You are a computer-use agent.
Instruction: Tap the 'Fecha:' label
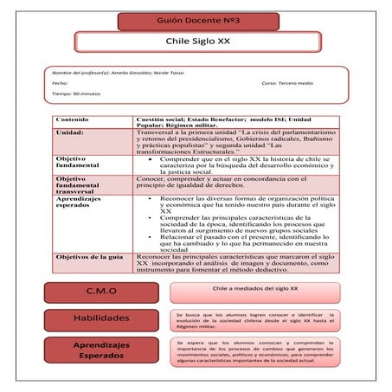pyautogui.click(x=61, y=83)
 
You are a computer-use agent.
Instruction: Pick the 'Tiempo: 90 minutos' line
pyautogui.click(x=77, y=93)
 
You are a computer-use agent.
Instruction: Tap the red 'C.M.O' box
pyautogui.click(x=102, y=292)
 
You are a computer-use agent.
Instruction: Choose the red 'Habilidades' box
pyautogui.click(x=102, y=318)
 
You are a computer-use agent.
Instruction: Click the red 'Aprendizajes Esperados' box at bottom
pyautogui.click(x=102, y=350)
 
